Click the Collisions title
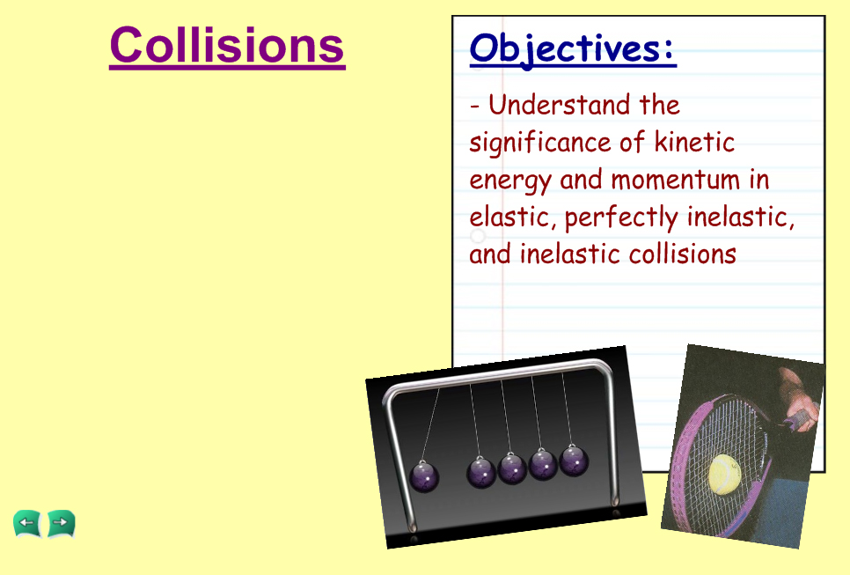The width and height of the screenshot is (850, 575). click(227, 46)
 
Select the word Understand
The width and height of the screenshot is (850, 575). click(559, 105)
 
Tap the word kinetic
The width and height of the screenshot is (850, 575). click(694, 142)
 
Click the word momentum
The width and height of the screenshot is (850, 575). click(676, 180)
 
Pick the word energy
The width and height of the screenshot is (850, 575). click(510, 181)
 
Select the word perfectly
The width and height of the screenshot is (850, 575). click(620, 218)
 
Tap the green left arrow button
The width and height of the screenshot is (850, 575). click(26, 523)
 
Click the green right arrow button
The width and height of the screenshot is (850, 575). click(62, 523)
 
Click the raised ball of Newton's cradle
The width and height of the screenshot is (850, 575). click(424, 476)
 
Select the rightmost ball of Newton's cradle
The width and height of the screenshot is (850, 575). click(574, 461)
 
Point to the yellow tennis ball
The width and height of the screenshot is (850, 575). click(724, 474)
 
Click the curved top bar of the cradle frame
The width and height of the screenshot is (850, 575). click(499, 372)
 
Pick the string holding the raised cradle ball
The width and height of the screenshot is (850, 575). click(431, 424)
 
